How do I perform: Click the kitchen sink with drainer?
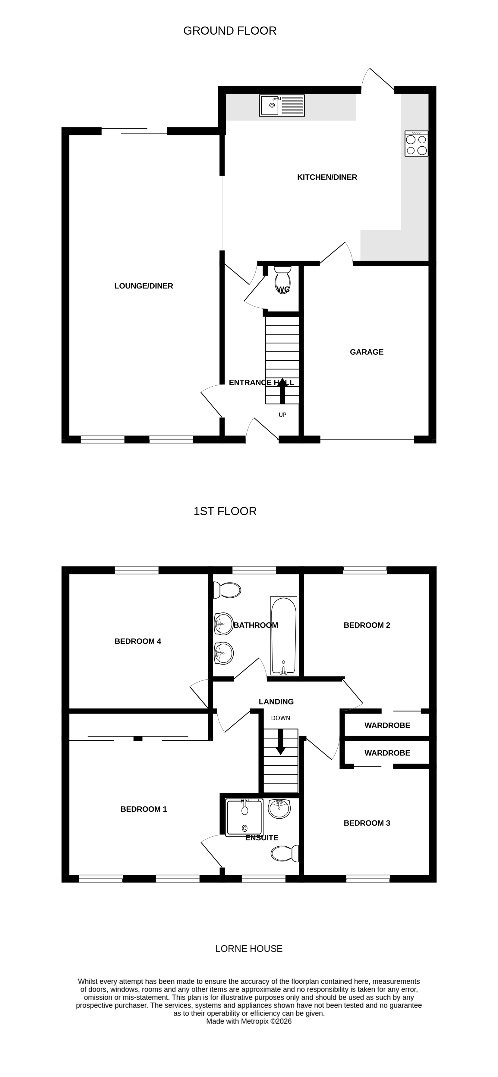[x=282, y=105]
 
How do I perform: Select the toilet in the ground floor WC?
[x=282, y=280]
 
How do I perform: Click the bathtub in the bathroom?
[x=284, y=636]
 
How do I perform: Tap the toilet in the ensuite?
[x=285, y=853]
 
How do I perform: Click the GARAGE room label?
[x=367, y=352]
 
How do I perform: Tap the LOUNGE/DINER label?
[x=143, y=286]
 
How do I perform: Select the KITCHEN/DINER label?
[x=327, y=177]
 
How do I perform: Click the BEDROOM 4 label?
[x=138, y=641]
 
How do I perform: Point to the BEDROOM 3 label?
[x=367, y=823]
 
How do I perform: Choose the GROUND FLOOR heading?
[x=230, y=31]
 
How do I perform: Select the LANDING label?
[x=276, y=702]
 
